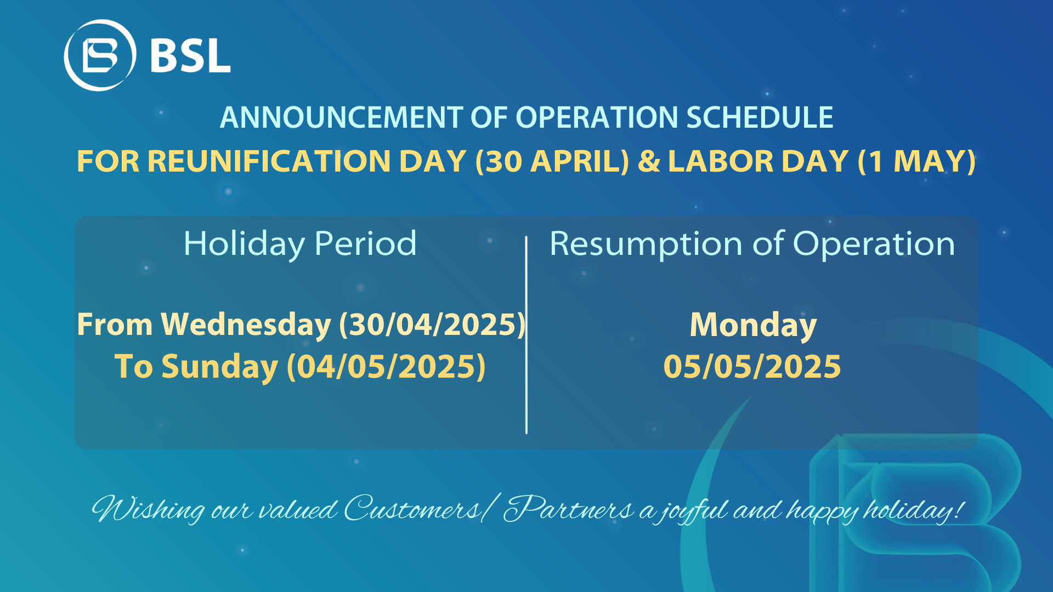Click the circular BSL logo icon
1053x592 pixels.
tap(100, 55)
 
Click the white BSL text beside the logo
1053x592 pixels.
tap(190, 55)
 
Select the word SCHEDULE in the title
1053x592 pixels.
tap(760, 117)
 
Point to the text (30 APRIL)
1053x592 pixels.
tap(552, 161)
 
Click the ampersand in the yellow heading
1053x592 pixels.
tap(649, 161)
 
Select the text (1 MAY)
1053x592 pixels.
tap(917, 161)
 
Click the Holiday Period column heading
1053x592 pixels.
tap(300, 243)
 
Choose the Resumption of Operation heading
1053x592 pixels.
tap(752, 243)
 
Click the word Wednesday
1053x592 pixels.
tap(246, 325)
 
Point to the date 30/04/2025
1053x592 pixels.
tap(432, 325)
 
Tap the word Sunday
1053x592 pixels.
tap(219, 366)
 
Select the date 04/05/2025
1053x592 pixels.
tap(386, 367)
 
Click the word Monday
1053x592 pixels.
tap(753, 325)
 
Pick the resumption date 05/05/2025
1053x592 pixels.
tap(752, 367)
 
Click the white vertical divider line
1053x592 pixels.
tap(526, 335)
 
